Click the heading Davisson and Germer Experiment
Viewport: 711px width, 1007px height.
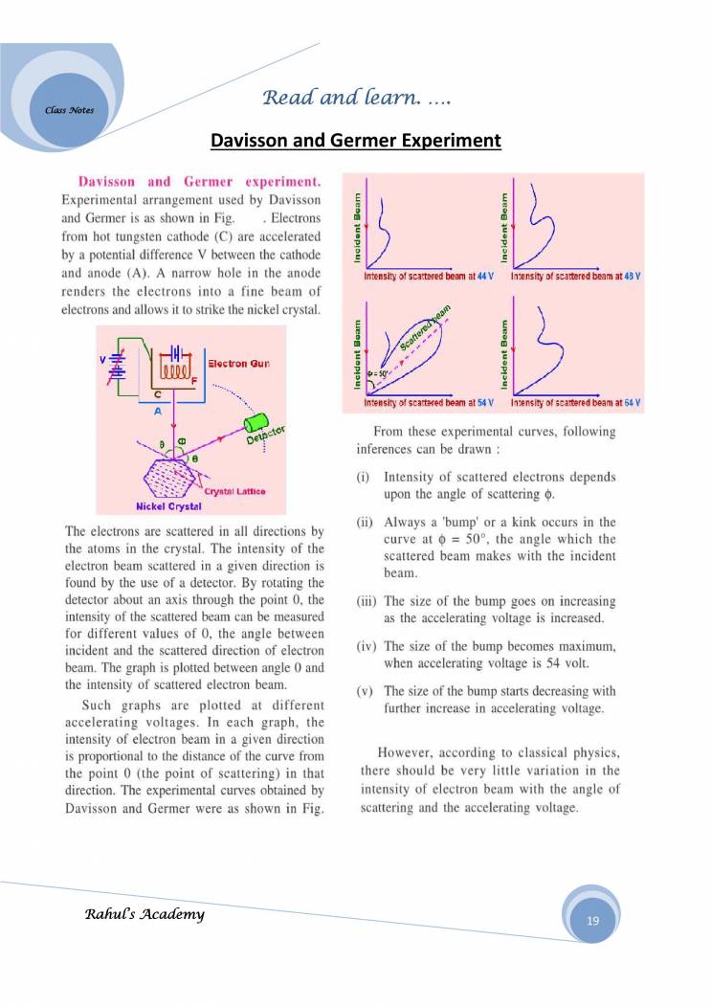pyautogui.click(x=355, y=142)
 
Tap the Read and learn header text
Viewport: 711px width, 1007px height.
pyautogui.click(x=357, y=97)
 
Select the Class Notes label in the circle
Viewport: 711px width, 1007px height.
pyautogui.click(x=69, y=110)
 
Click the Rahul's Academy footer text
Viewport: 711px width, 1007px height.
pyautogui.click(x=144, y=914)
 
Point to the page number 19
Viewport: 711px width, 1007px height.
pyautogui.click(x=592, y=920)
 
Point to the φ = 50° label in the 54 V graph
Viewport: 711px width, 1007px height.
pyautogui.click(x=377, y=374)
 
